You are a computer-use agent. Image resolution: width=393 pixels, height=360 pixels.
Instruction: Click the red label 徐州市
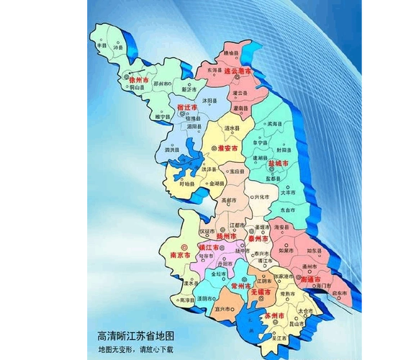click(x=139, y=79)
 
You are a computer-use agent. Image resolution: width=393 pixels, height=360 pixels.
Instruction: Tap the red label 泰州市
click(x=254, y=236)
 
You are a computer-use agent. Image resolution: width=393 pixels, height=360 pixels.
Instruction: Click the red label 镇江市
click(x=209, y=247)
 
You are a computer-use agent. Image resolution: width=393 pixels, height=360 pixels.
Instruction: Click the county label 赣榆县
click(x=230, y=53)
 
